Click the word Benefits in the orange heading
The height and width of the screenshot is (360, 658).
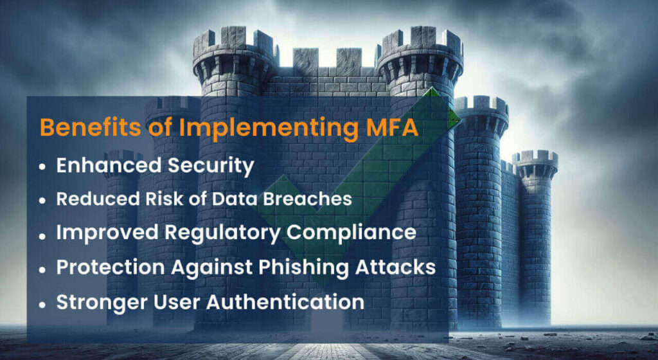[x=90, y=127]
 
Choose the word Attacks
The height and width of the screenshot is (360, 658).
[x=395, y=267]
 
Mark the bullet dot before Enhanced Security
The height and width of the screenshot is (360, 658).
[x=42, y=166]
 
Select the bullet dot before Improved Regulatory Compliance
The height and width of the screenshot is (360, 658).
[x=42, y=235]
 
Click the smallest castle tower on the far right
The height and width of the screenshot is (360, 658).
[x=535, y=235]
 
